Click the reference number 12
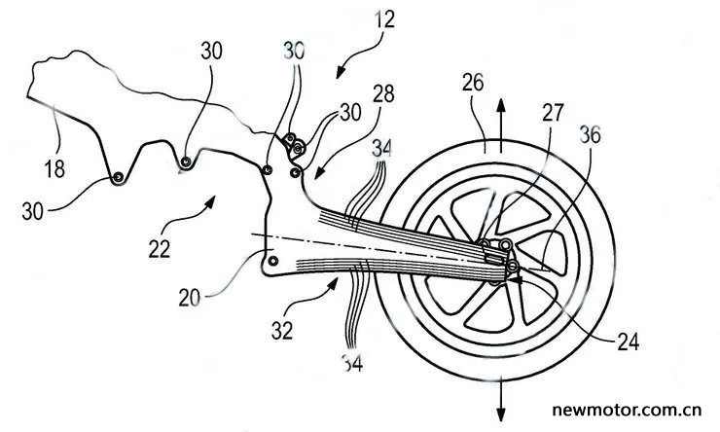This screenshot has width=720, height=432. (x=384, y=20)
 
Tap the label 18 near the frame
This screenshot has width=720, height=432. (x=54, y=168)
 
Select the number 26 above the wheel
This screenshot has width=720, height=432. (x=473, y=83)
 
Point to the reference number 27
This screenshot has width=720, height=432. (x=553, y=112)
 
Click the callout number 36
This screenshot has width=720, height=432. (x=590, y=135)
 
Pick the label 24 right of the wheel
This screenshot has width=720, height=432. (x=628, y=342)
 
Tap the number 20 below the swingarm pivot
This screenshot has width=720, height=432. (x=190, y=298)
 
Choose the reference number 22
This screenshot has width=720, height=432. (x=159, y=249)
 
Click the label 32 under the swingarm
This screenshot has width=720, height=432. (x=282, y=330)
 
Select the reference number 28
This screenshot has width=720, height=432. (x=384, y=93)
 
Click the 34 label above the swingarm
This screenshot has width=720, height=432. (x=382, y=148)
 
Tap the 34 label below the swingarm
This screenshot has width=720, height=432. (x=352, y=363)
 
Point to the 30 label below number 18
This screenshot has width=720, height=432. (x=33, y=212)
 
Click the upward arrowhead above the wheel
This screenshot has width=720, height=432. (x=501, y=105)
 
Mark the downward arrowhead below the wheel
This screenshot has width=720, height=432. (x=501, y=414)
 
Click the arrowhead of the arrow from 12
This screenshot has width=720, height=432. (x=342, y=72)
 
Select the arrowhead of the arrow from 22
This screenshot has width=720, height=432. (x=210, y=201)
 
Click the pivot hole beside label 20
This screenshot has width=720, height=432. (x=273, y=261)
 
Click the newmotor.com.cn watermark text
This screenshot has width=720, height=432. (x=627, y=409)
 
